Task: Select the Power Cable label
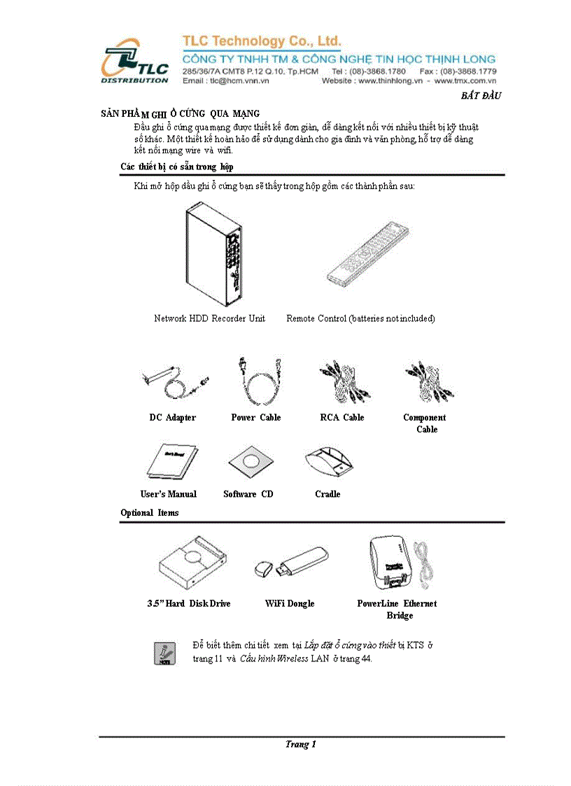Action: pos(255,418)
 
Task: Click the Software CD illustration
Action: pos(251,462)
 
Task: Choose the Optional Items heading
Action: pos(149,513)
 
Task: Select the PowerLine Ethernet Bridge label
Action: pos(397,609)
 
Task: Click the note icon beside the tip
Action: pos(164,652)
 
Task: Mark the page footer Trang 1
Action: pos(301,744)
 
